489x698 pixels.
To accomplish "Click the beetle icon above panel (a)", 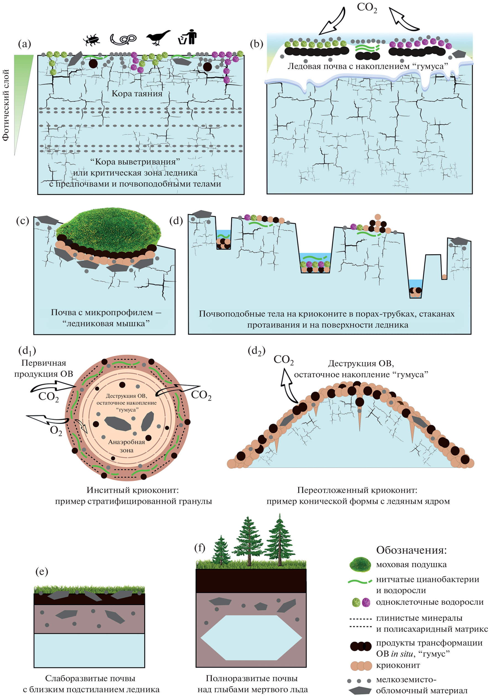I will point(91,40).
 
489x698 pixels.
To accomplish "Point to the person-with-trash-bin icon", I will point(188,37).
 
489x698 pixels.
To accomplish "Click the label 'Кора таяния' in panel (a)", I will point(137,93).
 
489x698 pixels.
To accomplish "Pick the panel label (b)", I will point(256,44).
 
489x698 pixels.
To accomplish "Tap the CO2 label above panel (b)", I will point(367,8).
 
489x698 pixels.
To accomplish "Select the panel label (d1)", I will point(27,351).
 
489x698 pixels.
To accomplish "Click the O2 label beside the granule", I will point(56,431).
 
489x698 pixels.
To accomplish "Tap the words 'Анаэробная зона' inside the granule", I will point(126,446).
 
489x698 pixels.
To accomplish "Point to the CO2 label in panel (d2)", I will point(283,360).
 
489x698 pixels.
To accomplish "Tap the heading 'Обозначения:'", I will point(411,550).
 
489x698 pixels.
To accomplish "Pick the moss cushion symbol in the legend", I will point(360,564).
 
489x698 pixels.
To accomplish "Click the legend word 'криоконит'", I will point(398,665).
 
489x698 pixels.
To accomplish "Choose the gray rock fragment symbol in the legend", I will point(360,690).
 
